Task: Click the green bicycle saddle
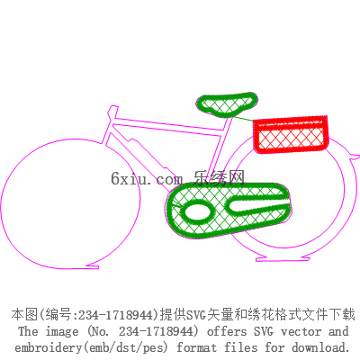coord(227,104)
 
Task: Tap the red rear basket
coord(291,134)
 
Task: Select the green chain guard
coord(228,210)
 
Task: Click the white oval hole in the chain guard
coord(196,212)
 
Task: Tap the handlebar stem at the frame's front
coord(112,113)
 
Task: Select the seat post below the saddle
coord(220,150)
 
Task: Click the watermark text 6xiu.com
coord(147,178)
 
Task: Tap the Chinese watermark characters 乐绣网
coord(219,178)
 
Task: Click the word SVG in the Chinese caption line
coord(196,315)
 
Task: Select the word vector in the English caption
coord(301,331)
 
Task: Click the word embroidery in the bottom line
coord(49,347)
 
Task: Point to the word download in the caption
coord(320,347)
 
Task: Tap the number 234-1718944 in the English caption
coord(155,331)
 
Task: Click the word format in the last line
coord(196,347)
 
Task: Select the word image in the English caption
coord(62,332)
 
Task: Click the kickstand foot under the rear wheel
coord(283,258)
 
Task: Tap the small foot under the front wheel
coord(93,266)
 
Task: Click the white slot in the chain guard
coord(256,205)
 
